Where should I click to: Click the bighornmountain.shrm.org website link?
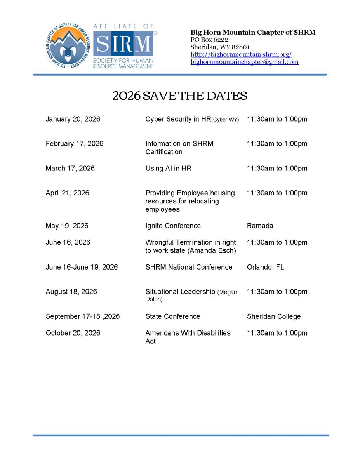[241, 54]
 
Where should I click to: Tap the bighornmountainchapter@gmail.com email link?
[244, 62]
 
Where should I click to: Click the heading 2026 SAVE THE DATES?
[180, 96]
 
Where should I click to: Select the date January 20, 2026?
[73, 119]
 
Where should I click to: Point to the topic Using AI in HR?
[168, 169]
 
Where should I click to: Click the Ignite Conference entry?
[173, 226]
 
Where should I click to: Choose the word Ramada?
[260, 226]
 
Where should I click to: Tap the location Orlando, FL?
[265, 267]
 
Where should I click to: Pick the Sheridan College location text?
[273, 316]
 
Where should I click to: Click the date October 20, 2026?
[73, 333]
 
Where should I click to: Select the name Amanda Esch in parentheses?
[212, 251]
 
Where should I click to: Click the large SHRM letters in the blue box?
[123, 44]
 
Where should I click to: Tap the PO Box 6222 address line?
[209, 40]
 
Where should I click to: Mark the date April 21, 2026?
[67, 193]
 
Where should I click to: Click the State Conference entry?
[172, 316]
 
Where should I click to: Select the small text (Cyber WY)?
[225, 120]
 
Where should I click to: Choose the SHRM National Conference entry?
[189, 267]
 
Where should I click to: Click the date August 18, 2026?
[71, 292]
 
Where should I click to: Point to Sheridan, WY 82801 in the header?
[220, 47]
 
